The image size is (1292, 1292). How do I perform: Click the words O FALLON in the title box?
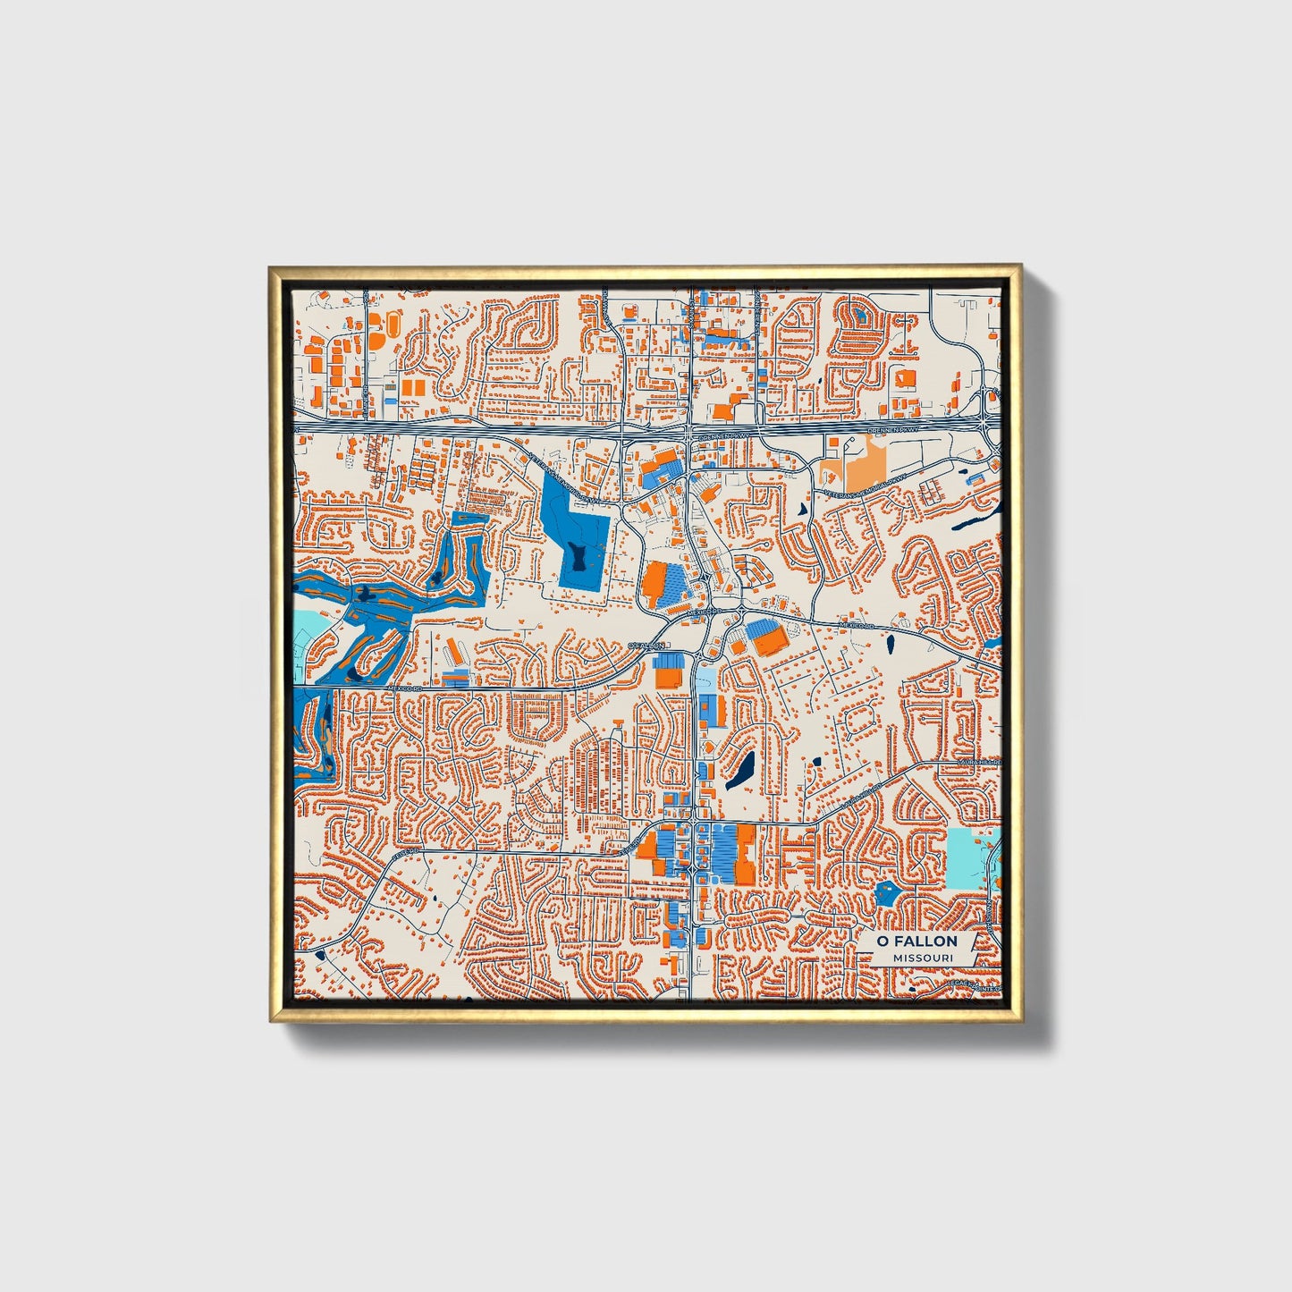(x=916, y=941)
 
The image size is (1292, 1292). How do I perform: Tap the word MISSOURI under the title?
(x=922, y=958)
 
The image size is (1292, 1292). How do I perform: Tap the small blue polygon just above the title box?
(x=886, y=891)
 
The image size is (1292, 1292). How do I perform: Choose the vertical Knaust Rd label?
(x=990, y=912)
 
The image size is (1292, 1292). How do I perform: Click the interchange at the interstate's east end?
(x=988, y=417)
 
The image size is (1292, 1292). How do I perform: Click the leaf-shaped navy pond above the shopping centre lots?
(x=740, y=769)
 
